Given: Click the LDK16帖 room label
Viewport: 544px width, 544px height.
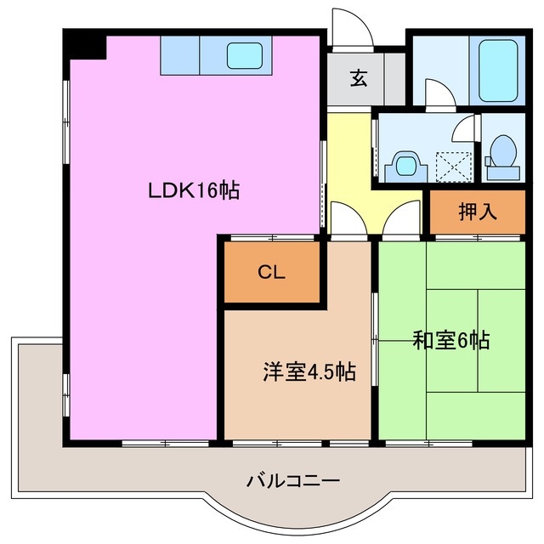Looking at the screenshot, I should click(x=194, y=190).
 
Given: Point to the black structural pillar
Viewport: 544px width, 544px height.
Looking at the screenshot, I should click(x=86, y=45).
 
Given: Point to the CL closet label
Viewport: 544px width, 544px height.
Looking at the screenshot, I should click(x=272, y=272).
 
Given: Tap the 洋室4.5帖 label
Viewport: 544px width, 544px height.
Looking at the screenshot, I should click(x=308, y=371).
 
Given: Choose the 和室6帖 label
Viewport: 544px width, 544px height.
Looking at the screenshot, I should click(x=450, y=341).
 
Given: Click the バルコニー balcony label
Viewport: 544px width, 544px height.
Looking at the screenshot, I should click(x=293, y=481).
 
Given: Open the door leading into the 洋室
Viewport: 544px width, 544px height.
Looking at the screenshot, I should click(x=347, y=219).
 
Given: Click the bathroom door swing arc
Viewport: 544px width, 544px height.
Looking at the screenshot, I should click(x=438, y=92).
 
